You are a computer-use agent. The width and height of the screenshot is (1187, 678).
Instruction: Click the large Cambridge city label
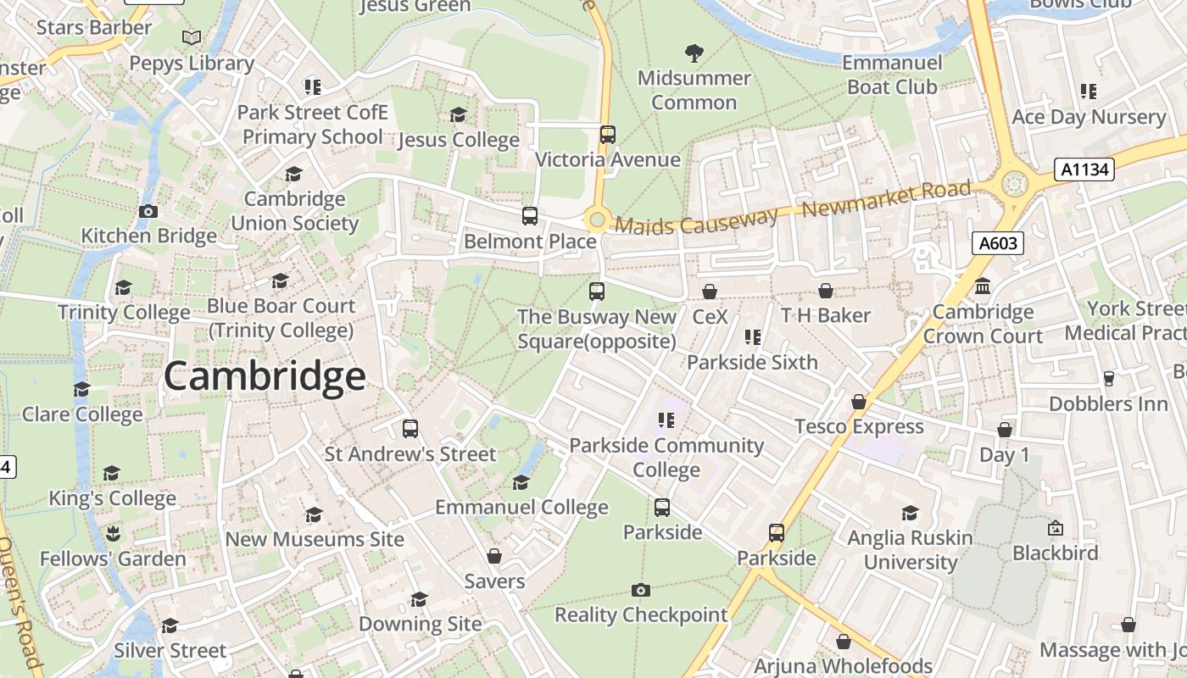click(x=265, y=376)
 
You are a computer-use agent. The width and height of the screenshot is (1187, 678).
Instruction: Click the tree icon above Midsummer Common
click(x=694, y=53)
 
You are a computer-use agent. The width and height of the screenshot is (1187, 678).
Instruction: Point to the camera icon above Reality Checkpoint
click(x=641, y=591)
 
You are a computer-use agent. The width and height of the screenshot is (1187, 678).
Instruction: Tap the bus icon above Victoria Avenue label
click(x=607, y=135)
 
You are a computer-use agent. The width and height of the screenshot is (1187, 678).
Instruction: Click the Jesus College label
click(x=459, y=140)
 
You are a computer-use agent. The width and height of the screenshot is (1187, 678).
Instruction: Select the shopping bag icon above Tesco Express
click(x=859, y=402)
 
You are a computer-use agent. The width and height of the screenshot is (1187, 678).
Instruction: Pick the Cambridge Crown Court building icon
click(x=983, y=287)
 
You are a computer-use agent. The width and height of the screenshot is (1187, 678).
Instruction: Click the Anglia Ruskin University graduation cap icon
click(x=911, y=514)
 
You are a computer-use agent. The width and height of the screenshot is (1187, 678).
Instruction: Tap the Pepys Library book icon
click(x=192, y=38)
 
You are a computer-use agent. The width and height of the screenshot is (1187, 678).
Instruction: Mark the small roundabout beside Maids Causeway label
click(x=597, y=221)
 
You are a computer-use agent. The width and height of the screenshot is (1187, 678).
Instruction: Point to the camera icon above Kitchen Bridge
click(x=148, y=212)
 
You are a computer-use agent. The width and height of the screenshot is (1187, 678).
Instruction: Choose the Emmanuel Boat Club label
click(x=892, y=75)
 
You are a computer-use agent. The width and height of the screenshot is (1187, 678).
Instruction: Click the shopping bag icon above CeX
click(x=710, y=292)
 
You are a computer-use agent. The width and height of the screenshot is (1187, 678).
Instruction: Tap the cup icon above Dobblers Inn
click(x=1108, y=379)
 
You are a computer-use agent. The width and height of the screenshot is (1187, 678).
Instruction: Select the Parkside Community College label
click(x=666, y=457)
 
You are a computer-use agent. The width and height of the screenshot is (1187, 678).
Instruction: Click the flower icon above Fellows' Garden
click(x=113, y=534)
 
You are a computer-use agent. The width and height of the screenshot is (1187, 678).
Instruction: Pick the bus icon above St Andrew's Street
click(x=410, y=429)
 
